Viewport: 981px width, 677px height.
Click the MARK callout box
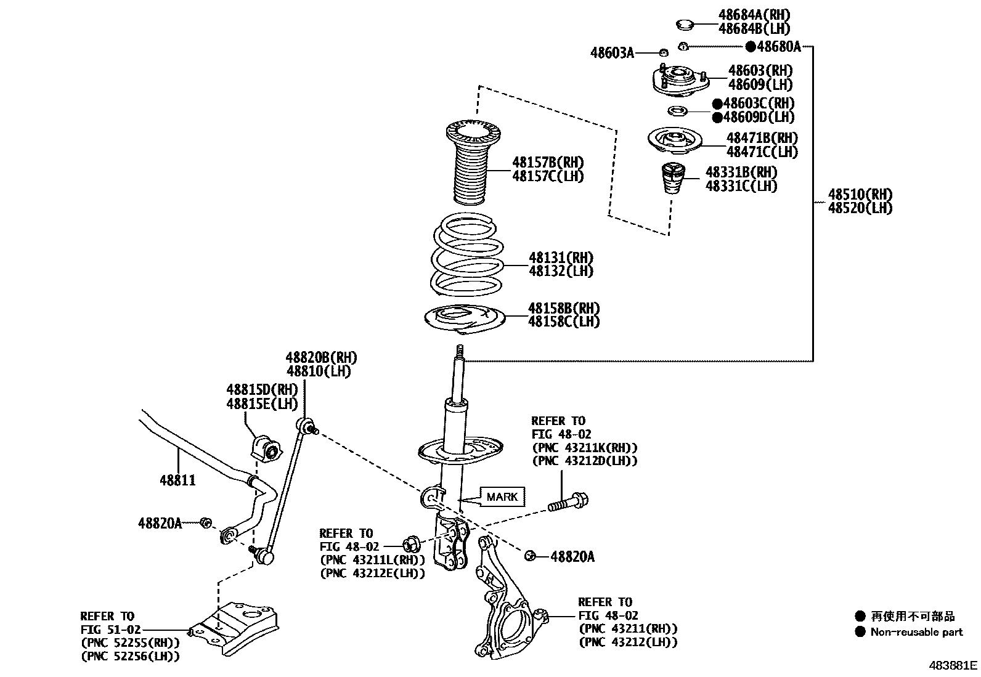(502, 497)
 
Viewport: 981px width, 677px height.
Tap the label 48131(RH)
(561, 257)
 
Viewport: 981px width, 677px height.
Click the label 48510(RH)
(860, 195)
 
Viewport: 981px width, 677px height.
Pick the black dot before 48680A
(751, 46)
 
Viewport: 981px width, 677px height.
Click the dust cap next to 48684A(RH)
(684, 25)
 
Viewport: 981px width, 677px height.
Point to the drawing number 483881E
(953, 665)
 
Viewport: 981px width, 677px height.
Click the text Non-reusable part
(916, 631)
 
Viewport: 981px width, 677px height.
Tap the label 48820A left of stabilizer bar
(160, 523)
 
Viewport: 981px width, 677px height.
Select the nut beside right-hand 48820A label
(529, 556)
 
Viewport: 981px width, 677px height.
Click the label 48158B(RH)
(563, 307)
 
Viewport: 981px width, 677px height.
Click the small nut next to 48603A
(663, 52)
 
